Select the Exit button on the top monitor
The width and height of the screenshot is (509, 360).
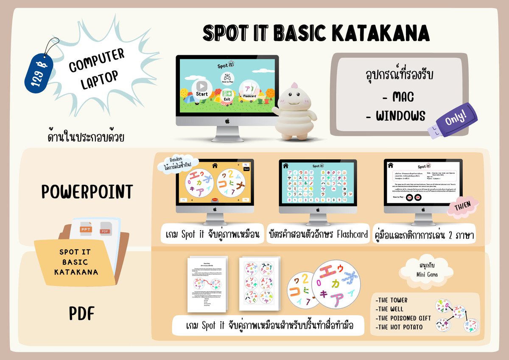pyautogui.click(x=227, y=95)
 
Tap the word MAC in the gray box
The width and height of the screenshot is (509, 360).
pyautogui.click(x=397, y=97)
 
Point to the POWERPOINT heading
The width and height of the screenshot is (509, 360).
pyautogui.click(x=87, y=192)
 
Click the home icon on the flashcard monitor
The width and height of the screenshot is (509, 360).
pyautogui.click(x=285, y=165)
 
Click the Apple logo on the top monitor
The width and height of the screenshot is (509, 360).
pyautogui.click(x=227, y=121)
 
